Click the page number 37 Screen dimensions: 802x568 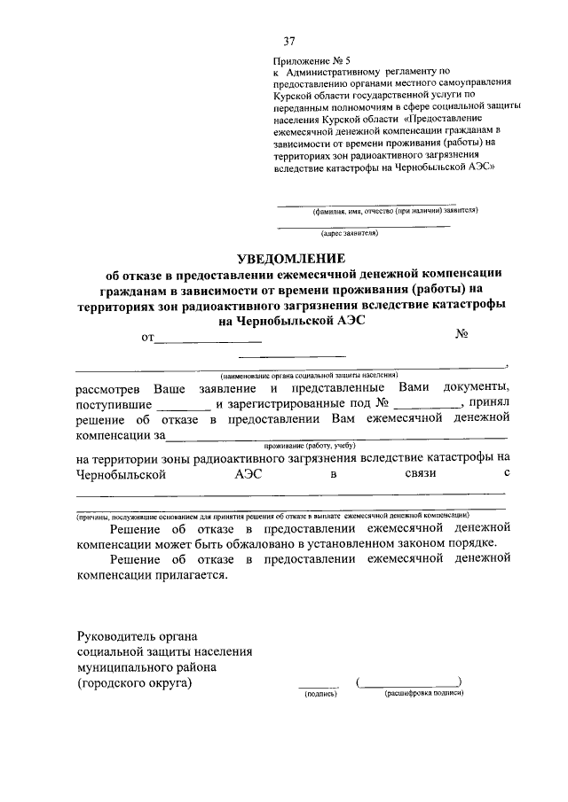tap(288, 42)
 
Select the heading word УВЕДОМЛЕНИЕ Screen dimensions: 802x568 tap(288, 258)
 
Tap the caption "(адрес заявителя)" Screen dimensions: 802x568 tap(351, 234)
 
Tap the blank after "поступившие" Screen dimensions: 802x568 tap(188, 406)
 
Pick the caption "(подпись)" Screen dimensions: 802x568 tap(320, 696)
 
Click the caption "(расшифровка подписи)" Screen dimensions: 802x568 tap(412, 696)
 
